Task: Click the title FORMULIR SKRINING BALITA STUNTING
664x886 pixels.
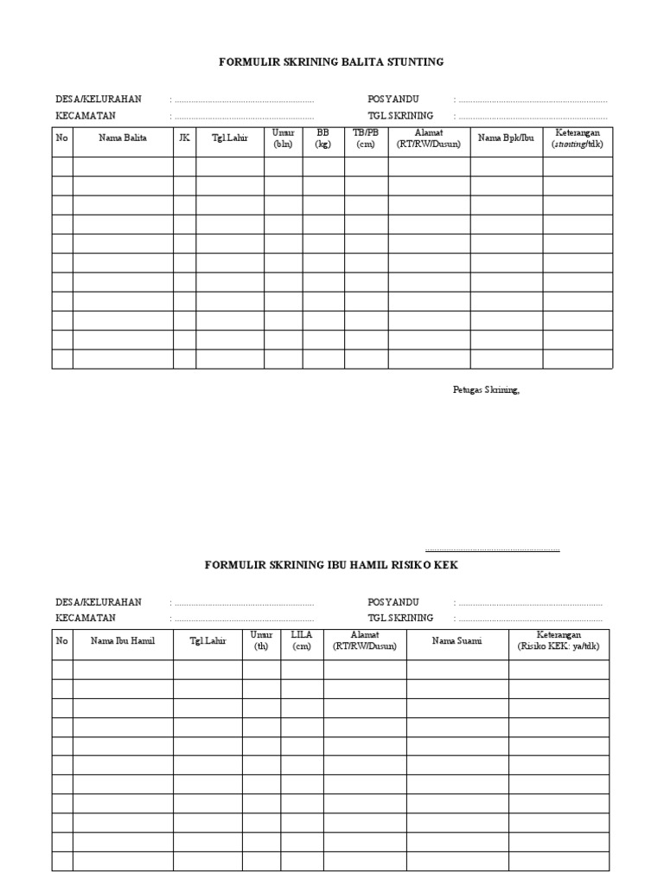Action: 332,62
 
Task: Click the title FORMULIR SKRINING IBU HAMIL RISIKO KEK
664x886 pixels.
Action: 332,565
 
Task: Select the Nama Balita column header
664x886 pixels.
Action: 123,139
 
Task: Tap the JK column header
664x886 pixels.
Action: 184,139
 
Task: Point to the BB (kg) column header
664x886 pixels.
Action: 323,139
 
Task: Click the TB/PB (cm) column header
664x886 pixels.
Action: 366,139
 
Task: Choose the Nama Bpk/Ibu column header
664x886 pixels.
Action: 507,139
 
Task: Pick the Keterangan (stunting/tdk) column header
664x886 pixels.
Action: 578,139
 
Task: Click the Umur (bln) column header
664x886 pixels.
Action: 284,139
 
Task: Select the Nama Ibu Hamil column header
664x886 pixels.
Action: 123,641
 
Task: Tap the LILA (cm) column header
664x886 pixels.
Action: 302,641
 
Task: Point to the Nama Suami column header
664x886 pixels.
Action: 457,641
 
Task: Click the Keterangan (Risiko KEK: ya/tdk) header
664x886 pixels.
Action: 559,641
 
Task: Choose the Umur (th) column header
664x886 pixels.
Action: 261,641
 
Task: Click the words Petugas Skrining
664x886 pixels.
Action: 486,390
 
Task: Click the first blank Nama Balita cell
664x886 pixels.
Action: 123,166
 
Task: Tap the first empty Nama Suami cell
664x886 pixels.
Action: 457,669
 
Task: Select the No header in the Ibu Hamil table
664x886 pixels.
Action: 62,641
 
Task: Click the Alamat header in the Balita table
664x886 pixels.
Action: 429,139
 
